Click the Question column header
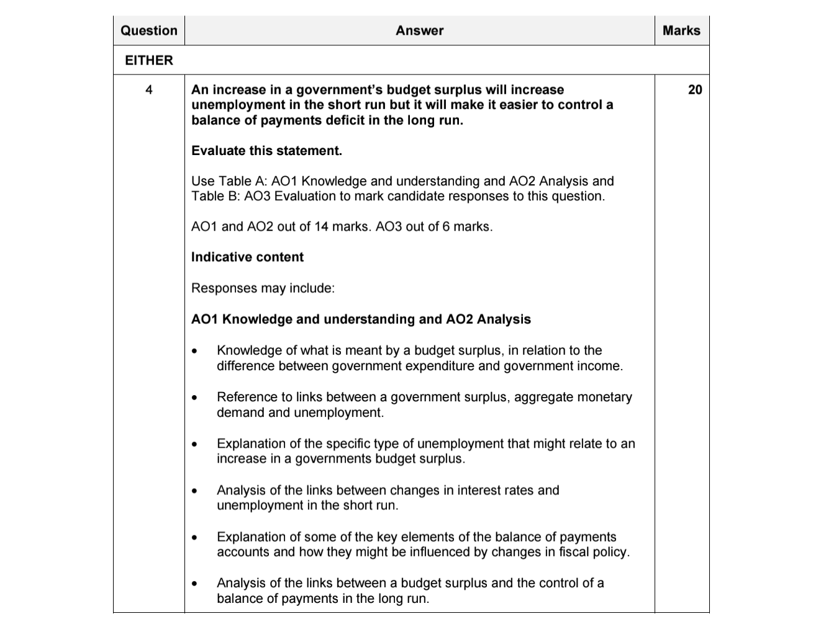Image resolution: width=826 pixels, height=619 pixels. pos(148,30)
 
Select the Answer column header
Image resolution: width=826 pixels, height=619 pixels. pos(419,30)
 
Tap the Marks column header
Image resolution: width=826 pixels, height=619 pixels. pos(681,30)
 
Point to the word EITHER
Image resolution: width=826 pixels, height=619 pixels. pos(149,60)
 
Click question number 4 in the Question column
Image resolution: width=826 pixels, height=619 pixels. pos(148,90)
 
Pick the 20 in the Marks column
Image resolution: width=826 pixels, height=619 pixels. pos(695,90)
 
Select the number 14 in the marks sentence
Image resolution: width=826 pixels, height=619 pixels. pos(321,226)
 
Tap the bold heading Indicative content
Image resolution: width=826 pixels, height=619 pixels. pos(247,257)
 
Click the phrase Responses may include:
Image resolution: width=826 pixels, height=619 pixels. pos(263,288)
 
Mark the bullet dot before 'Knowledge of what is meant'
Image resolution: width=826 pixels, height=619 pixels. pos(195,351)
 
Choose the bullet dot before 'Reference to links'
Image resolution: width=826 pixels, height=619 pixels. pos(195,398)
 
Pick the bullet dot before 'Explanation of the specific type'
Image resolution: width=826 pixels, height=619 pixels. pos(195,444)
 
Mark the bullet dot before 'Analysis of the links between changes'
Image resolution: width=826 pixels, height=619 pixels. pos(195,491)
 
